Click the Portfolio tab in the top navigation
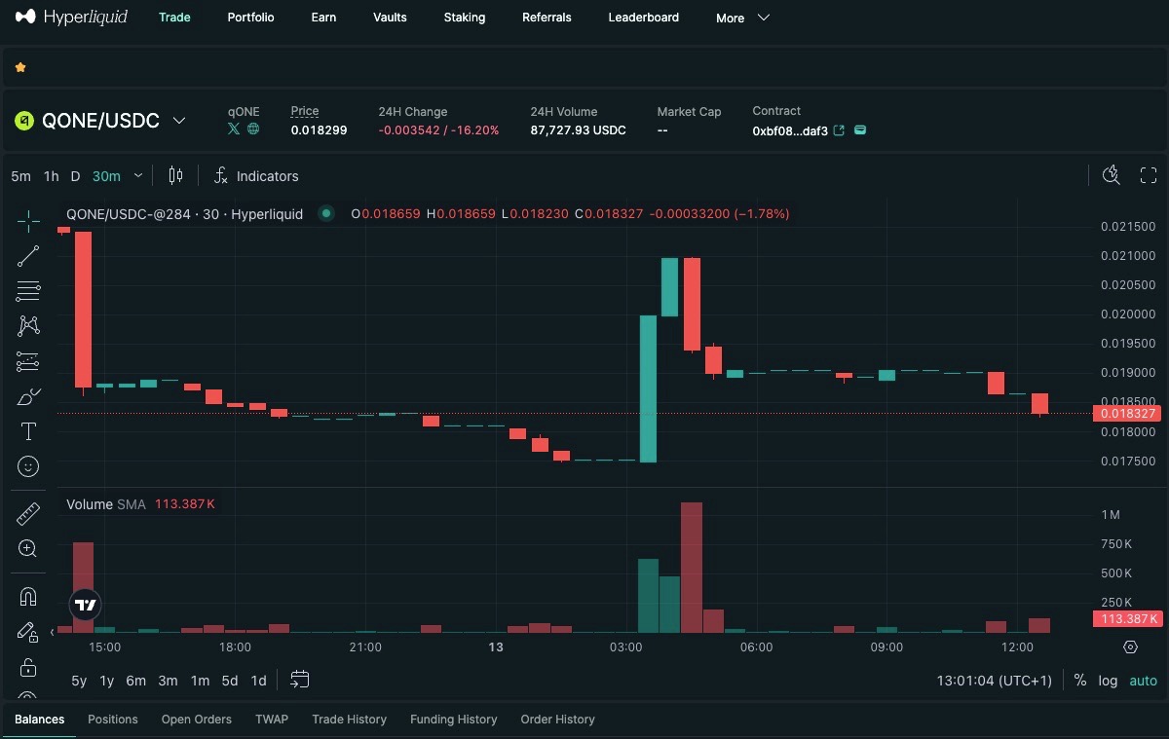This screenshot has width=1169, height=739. pos(250,18)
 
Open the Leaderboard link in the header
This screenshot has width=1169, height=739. pos(644,18)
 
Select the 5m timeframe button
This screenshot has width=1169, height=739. pos(20,176)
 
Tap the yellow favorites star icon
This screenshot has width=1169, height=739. pos(20,67)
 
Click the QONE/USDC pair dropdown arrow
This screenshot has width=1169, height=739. pos(179,121)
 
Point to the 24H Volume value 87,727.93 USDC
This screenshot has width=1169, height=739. pos(578,129)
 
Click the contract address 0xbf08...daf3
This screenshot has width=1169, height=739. pos(790,130)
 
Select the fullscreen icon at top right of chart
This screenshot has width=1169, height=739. pos(1149,175)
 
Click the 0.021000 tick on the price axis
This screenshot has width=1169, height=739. pos(1128,255)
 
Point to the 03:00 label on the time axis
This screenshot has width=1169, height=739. pos(625,647)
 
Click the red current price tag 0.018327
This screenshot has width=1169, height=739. pos(1127,414)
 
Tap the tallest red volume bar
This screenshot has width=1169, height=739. pos(692,568)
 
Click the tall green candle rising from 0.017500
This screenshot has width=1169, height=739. pos(648,388)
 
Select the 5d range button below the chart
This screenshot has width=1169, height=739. pos(230,681)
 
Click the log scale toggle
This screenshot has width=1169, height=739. pos(1108,681)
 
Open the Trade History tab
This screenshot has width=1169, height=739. pos(349,720)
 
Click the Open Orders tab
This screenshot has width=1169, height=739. pos(196,720)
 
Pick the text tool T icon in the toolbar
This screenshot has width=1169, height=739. pos(28,431)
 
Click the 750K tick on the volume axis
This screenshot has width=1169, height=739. pos(1116,544)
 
